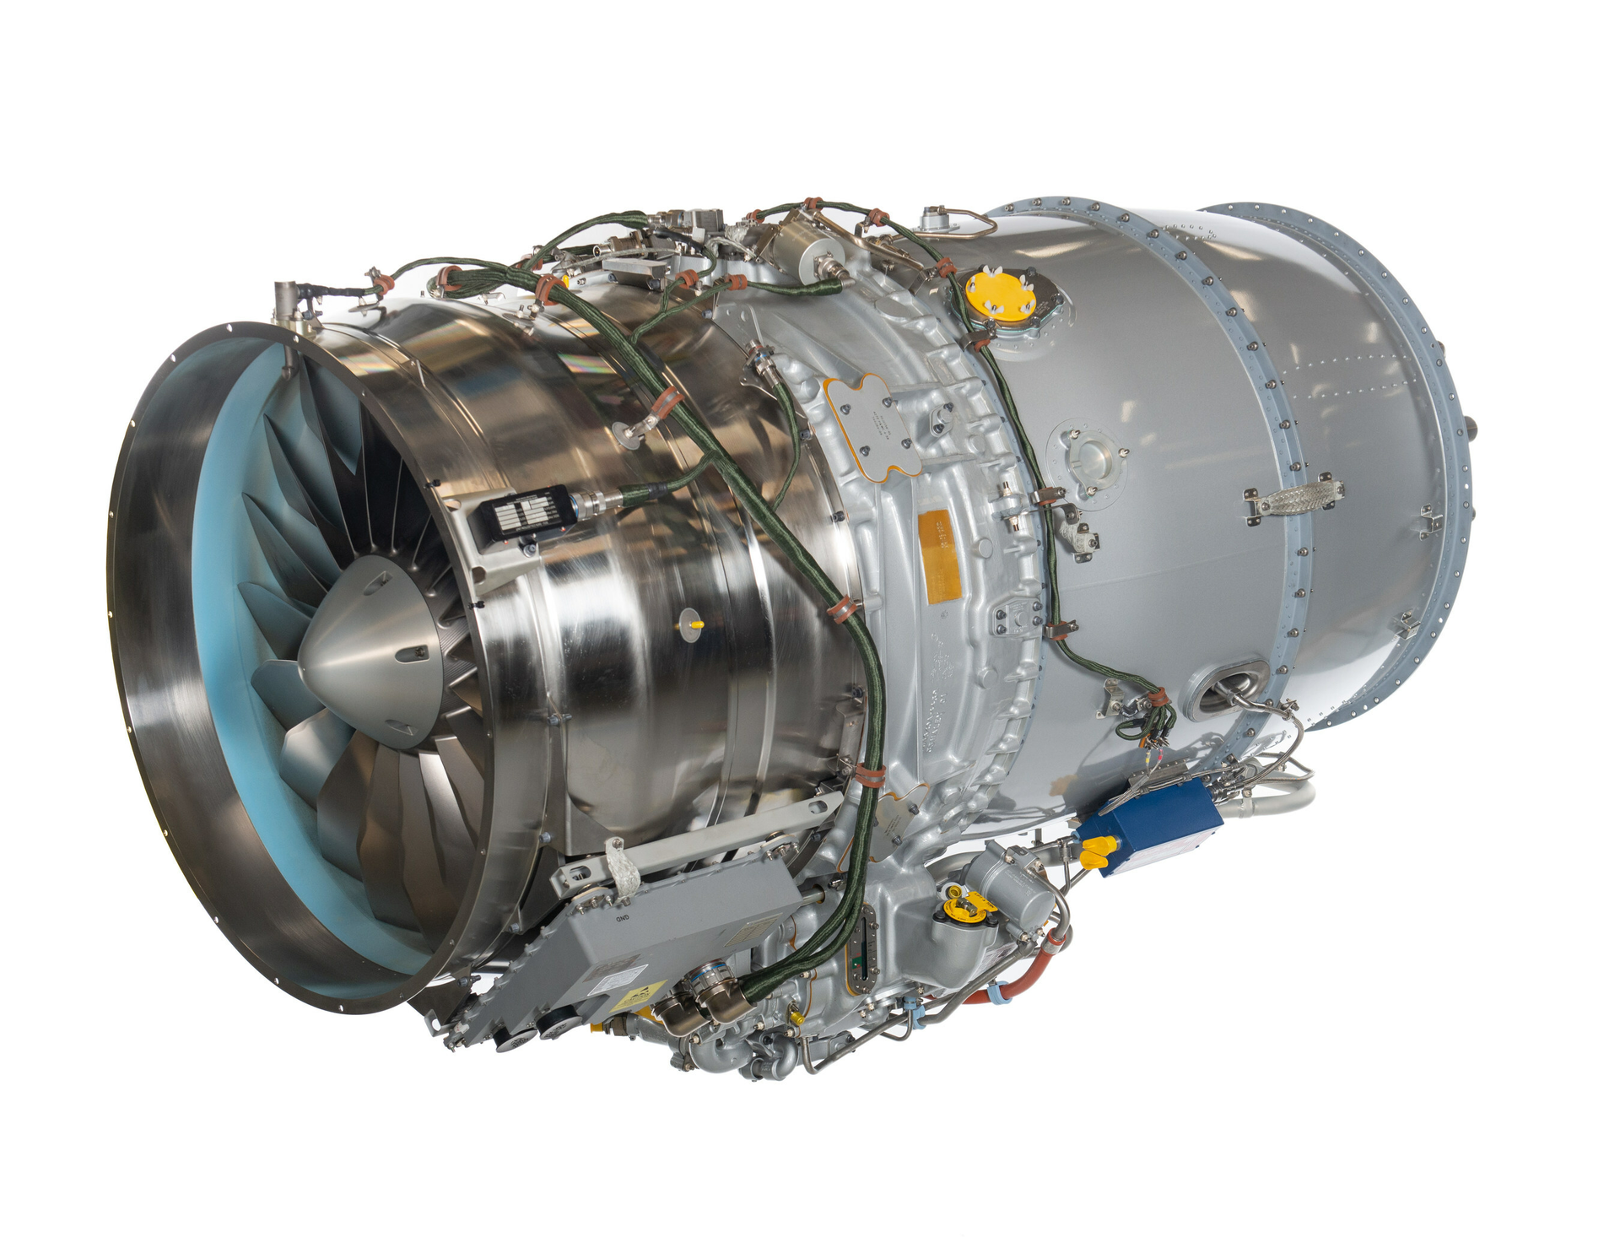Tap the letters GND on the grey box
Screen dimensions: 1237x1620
622,918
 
